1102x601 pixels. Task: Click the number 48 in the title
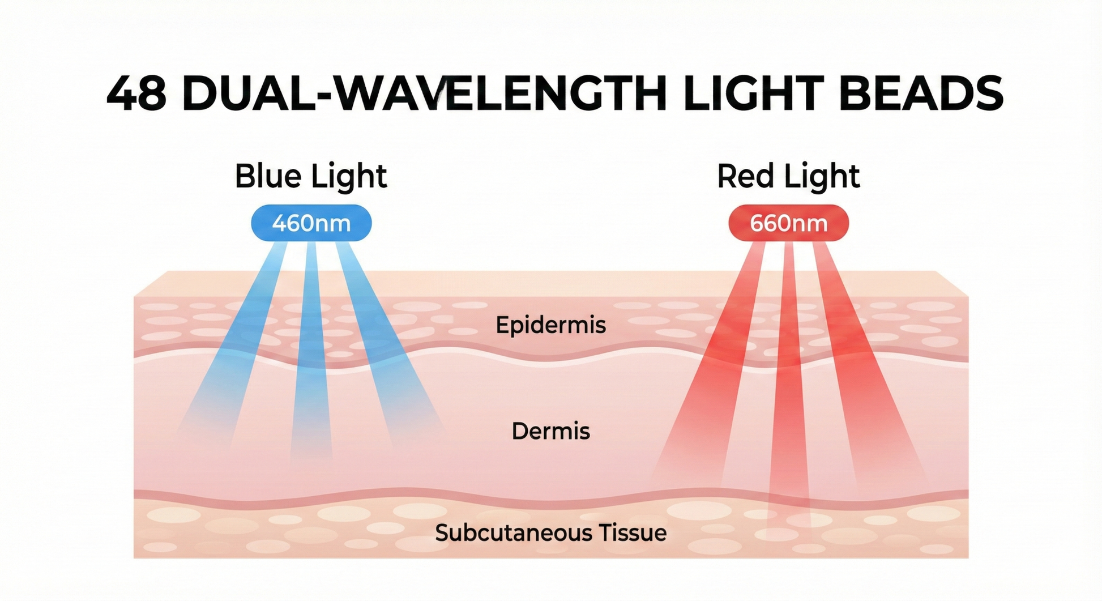[136, 93]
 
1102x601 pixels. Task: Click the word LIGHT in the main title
[753, 93]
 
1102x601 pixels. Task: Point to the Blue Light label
[310, 176]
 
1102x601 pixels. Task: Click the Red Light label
[788, 176]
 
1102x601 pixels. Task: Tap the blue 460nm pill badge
[311, 223]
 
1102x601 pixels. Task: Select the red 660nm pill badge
[788, 223]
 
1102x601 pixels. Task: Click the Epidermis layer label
[550, 325]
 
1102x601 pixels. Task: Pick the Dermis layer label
[550, 431]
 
